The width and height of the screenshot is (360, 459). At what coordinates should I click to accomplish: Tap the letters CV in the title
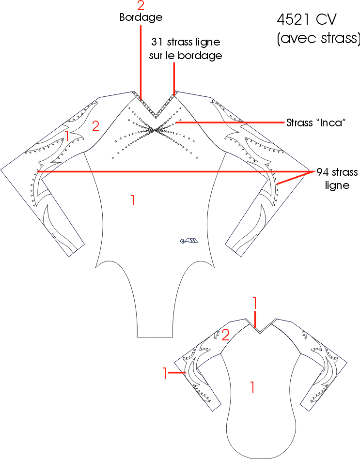click(x=326, y=20)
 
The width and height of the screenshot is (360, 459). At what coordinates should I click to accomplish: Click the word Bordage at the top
click(x=141, y=17)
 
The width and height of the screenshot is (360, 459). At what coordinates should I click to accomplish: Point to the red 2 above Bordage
click(x=141, y=5)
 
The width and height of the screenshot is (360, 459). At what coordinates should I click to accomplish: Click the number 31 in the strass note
click(x=157, y=42)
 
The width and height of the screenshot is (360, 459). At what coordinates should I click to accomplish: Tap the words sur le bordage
click(x=186, y=55)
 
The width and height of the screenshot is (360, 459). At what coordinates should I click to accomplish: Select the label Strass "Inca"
click(x=316, y=122)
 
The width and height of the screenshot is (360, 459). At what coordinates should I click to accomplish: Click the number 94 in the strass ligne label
click(x=323, y=172)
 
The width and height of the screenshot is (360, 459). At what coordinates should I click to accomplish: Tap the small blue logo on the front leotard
click(x=189, y=241)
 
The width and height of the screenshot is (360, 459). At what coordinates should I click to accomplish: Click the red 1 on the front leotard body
click(x=133, y=200)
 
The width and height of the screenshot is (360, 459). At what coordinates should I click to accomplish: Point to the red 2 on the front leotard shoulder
click(x=96, y=126)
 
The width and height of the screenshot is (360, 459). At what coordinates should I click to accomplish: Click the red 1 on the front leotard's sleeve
click(x=67, y=136)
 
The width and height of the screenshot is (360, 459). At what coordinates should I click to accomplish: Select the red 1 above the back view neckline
click(x=254, y=303)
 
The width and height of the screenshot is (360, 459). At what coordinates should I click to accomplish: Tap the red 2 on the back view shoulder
click(x=225, y=335)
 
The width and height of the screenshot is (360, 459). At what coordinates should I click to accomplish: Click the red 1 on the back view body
click(x=252, y=387)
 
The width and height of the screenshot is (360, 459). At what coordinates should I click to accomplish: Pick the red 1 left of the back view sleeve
click(x=165, y=373)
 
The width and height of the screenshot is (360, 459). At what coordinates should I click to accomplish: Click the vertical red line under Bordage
click(x=141, y=62)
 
